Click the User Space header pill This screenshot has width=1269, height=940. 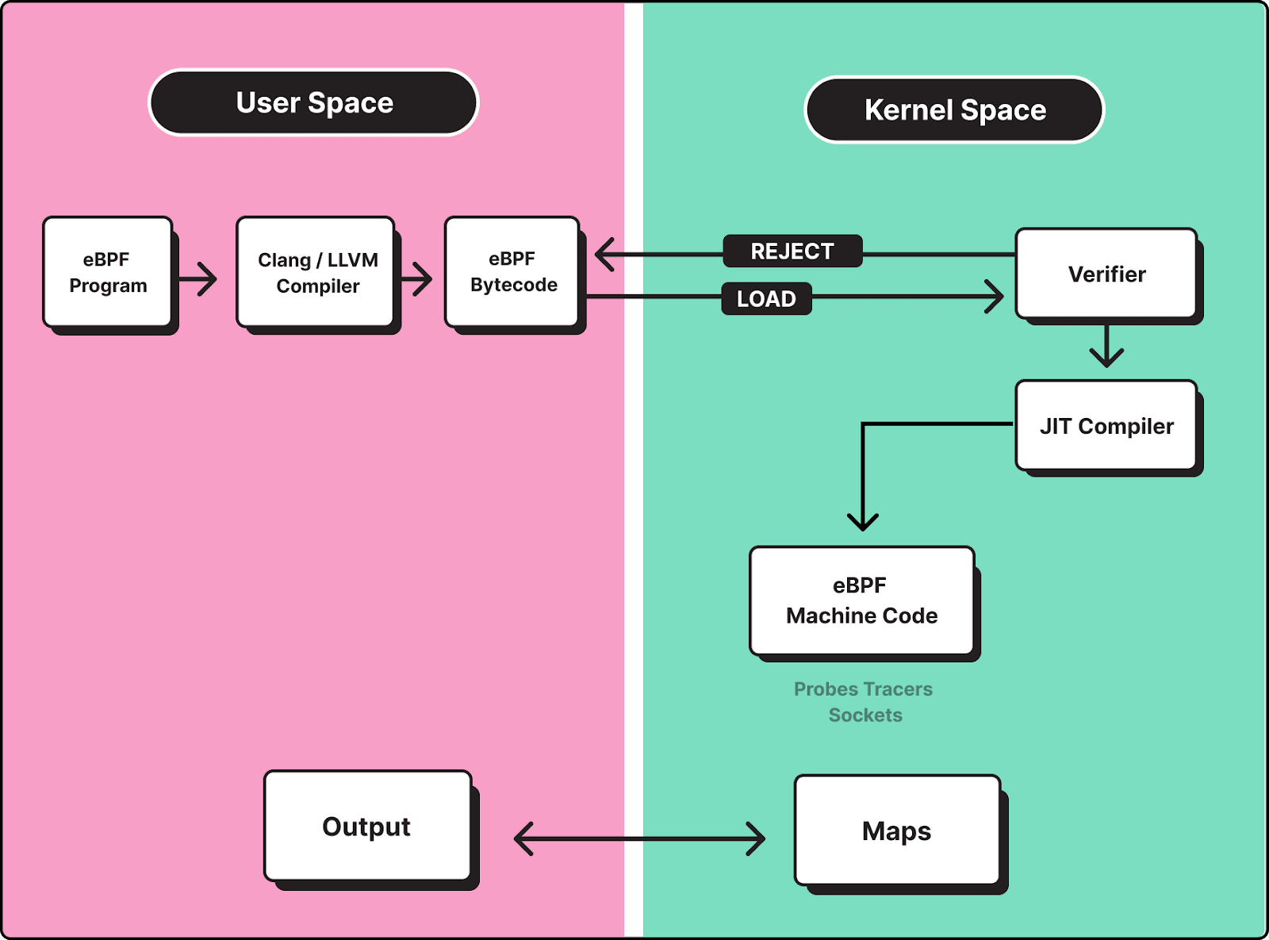pyautogui.click(x=314, y=103)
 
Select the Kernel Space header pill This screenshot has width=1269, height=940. pyautogui.click(x=954, y=110)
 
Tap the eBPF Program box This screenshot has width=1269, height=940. pyautogui.click(x=108, y=272)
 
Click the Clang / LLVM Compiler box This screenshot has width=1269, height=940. pyautogui.click(x=316, y=272)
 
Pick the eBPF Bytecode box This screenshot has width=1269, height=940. pyautogui.click(x=512, y=272)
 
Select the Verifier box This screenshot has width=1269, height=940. pyautogui.click(x=1106, y=274)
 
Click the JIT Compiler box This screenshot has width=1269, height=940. pyautogui.click(x=1106, y=426)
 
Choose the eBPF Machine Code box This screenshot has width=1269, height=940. pyautogui.click(x=861, y=600)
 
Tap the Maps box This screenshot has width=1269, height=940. pyautogui.click(x=897, y=831)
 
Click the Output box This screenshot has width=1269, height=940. pyautogui.click(x=367, y=827)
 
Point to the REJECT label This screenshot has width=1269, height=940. pyautogui.click(x=792, y=251)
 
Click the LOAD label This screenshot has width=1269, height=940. pyautogui.click(x=766, y=299)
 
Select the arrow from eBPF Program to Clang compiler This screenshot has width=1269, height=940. pyautogui.click(x=198, y=279)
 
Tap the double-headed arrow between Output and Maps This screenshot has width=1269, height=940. pyautogui.click(x=639, y=838)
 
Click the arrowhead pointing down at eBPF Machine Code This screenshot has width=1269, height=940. pyautogui.click(x=862, y=521)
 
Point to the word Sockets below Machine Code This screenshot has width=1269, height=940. pyautogui.click(x=865, y=716)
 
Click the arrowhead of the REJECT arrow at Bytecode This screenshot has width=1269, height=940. pyautogui.click(x=604, y=255)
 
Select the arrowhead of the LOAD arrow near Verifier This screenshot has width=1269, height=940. pyautogui.click(x=995, y=297)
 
